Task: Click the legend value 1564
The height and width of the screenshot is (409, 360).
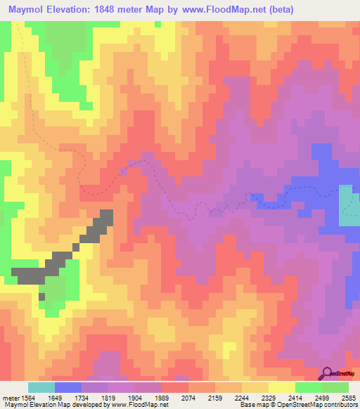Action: click(x=28, y=397)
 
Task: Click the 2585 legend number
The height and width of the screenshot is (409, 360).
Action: click(x=349, y=397)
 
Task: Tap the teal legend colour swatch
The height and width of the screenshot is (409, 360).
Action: click(x=41, y=387)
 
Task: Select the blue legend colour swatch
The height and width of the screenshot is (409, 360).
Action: click(x=68, y=387)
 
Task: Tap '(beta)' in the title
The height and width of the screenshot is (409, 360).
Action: click(x=276, y=9)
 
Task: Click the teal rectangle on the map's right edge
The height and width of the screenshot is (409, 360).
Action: click(x=347, y=205)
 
